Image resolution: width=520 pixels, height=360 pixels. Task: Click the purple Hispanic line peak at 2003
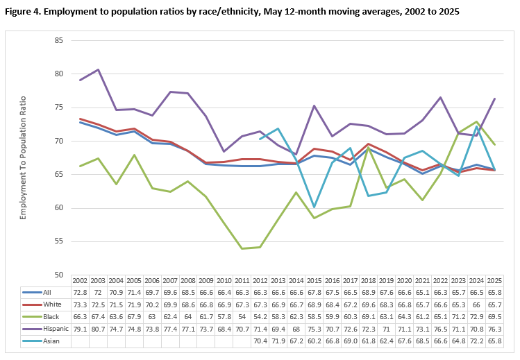pos(98,69)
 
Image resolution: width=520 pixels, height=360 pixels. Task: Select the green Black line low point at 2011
pos(242,248)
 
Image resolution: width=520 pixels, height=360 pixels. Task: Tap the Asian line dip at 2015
pos(314,207)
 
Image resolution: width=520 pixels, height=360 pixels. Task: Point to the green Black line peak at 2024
pos(476,121)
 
